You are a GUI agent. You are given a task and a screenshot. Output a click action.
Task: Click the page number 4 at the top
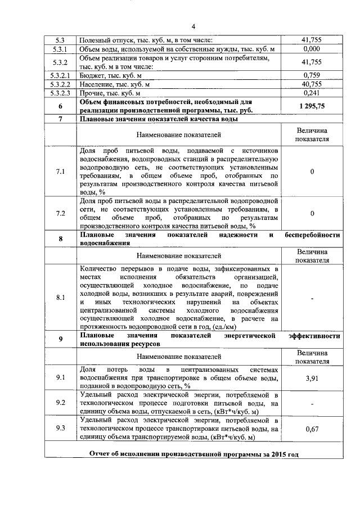192,26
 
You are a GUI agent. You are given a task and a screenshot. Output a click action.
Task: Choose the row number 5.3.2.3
60,93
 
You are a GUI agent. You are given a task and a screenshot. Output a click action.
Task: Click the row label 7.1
60,172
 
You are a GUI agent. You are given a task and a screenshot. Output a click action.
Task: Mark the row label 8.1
60,298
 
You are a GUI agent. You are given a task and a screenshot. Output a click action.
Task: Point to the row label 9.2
60,403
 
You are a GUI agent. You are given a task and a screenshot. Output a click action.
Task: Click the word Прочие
93,93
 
